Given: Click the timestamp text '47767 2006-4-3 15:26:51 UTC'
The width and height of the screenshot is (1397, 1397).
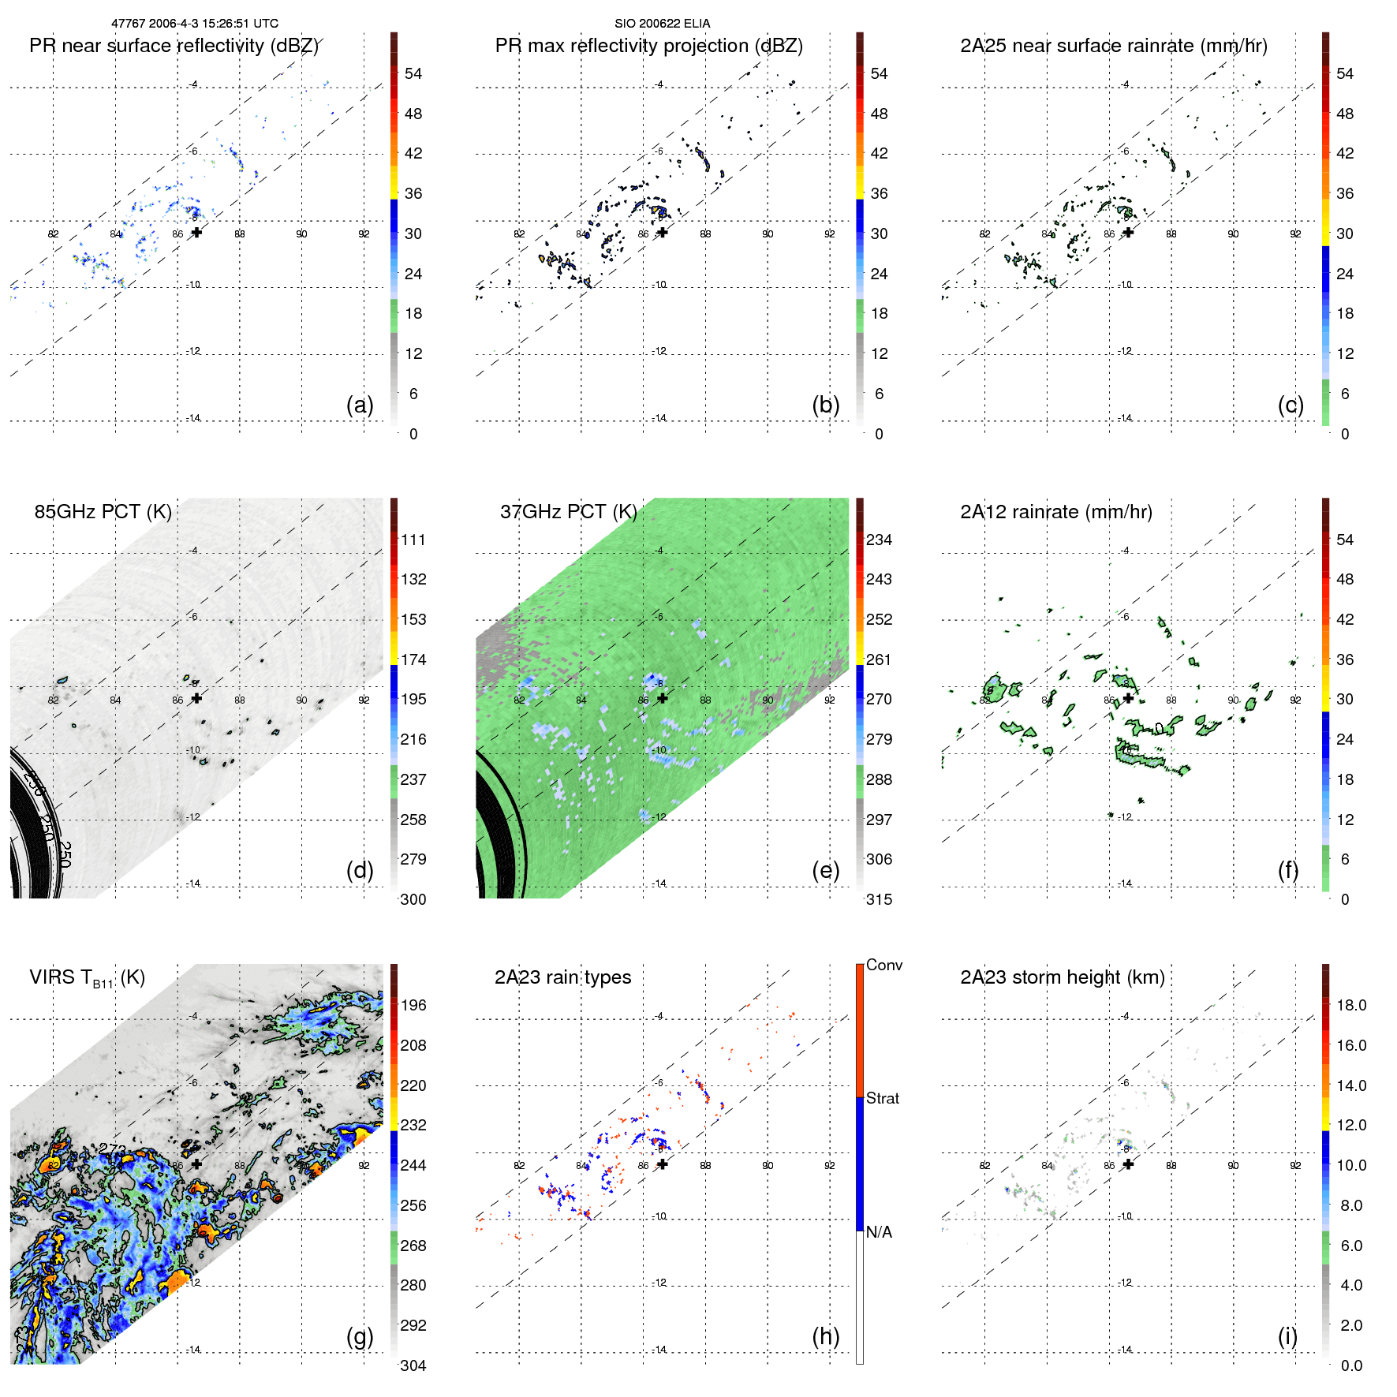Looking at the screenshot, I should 194,24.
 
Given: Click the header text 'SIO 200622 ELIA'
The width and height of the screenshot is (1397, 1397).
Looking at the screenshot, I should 662,24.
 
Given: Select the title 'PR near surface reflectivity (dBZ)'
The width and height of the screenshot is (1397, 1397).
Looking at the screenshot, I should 174,46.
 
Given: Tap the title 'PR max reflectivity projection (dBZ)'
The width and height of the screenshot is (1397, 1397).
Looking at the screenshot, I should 648,46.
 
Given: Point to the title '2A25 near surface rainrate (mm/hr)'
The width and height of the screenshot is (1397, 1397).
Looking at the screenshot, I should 1113,46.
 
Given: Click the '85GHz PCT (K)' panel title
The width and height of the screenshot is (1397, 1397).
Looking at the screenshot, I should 103,512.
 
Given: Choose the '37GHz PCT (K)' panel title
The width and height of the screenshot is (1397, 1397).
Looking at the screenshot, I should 568,512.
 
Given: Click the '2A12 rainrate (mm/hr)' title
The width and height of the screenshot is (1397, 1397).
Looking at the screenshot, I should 1055,512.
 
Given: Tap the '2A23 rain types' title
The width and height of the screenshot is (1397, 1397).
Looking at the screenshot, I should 562,977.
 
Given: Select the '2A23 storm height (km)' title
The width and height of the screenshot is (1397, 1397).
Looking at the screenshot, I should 1062,977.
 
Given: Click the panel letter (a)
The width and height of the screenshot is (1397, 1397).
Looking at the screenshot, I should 360,405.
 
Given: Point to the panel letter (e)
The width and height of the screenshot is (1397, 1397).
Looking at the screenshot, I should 825,870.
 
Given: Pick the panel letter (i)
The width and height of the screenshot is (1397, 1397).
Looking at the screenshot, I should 1287,1336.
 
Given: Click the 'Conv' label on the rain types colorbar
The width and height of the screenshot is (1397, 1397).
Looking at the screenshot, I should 883,965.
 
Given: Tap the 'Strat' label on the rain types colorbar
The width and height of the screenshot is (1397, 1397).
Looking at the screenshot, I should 882,1098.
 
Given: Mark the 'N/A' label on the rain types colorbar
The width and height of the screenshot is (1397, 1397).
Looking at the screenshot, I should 880,1232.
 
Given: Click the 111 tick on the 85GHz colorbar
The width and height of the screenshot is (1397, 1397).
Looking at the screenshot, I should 413,540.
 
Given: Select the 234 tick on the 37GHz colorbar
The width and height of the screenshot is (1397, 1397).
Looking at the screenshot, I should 879,540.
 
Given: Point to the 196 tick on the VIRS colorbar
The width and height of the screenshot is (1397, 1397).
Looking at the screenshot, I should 413,1005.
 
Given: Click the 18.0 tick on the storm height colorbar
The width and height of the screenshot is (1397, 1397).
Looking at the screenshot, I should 1350,1005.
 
